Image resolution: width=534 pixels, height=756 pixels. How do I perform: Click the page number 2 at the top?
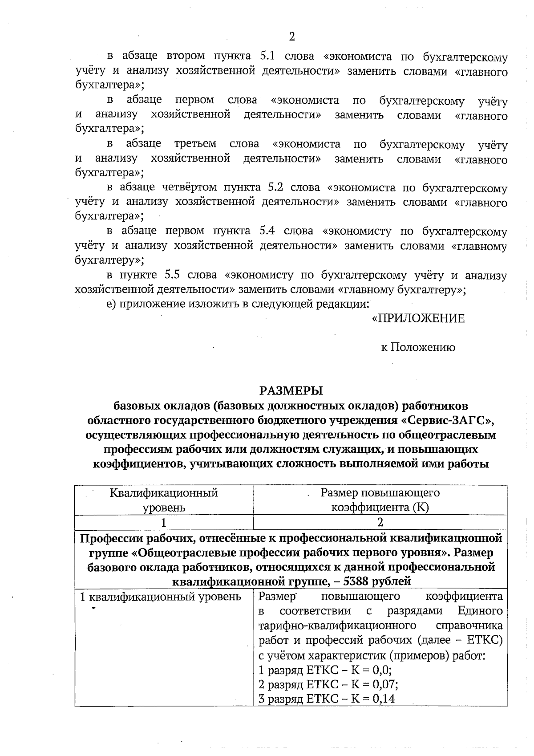coord(292,37)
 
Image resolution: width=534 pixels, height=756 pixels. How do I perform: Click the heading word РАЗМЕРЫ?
coord(291,391)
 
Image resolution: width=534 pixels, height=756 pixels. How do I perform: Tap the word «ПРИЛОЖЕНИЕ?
coord(418,319)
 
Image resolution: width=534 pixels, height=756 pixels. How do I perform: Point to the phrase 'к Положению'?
coord(418,348)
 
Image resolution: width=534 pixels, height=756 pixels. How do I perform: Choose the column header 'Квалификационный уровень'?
coord(163,500)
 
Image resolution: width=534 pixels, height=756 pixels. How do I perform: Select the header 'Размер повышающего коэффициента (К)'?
coord(380,500)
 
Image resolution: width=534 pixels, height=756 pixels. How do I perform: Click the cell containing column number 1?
coord(163,522)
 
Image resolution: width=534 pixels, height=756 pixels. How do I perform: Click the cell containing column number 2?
coord(380,522)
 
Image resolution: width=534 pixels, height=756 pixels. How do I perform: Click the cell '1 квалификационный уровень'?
coord(160,597)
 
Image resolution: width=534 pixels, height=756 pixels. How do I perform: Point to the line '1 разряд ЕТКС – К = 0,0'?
coord(325,671)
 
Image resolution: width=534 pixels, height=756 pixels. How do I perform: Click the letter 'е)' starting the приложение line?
coord(111,305)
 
